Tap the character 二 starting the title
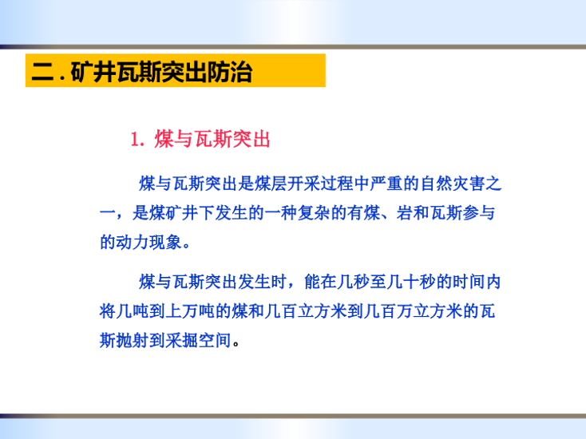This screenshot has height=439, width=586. (x=42, y=71)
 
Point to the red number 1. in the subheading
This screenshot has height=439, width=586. (x=137, y=140)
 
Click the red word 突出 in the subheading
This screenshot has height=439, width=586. (x=251, y=140)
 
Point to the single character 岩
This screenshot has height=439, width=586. (x=405, y=213)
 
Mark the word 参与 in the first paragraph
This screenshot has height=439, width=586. (x=479, y=213)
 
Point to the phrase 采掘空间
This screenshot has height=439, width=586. (x=199, y=340)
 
